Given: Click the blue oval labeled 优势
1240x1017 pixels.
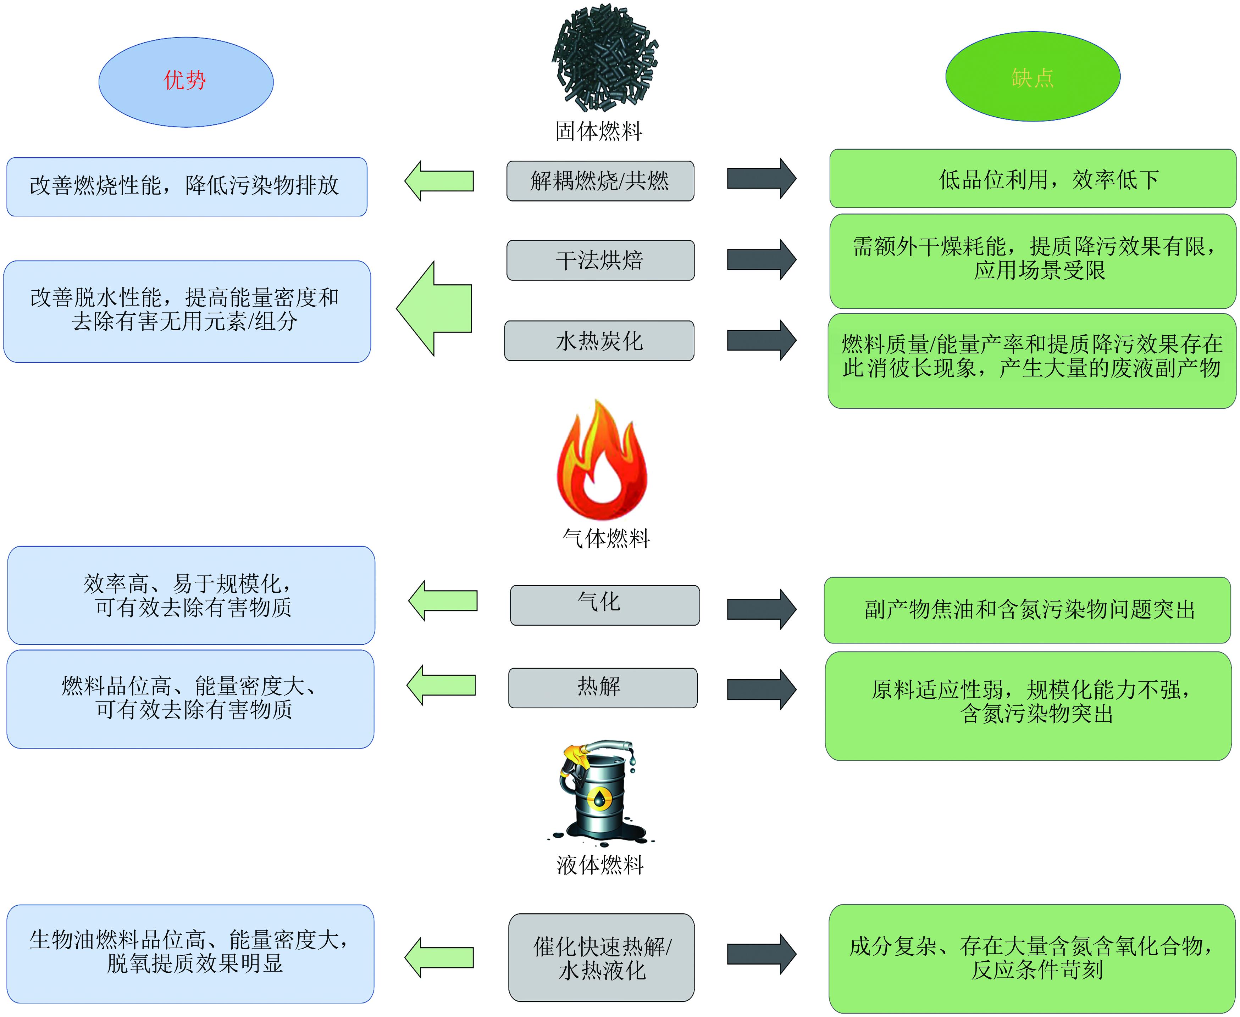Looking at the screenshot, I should coord(186,82).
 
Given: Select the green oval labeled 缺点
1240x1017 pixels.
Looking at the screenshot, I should coord(1033,77).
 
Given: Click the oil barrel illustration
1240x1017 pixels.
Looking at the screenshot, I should coord(599,791).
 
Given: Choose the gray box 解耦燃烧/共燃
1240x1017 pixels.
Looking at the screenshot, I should coord(600,181).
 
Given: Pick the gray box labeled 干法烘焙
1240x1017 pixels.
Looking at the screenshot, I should coord(600,260).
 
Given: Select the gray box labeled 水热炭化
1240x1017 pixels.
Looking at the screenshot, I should coord(599,340).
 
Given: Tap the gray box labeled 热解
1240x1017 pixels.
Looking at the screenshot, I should coord(602,688).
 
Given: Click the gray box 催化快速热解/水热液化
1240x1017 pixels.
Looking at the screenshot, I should coord(601,957).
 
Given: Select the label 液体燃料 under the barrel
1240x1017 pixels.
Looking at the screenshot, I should coord(600,865).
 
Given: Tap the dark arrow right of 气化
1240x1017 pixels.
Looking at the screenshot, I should coord(761,609).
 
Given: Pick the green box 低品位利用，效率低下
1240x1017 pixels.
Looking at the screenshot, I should coord(1033,179).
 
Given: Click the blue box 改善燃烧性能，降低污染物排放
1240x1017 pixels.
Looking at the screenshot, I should coord(186,186).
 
